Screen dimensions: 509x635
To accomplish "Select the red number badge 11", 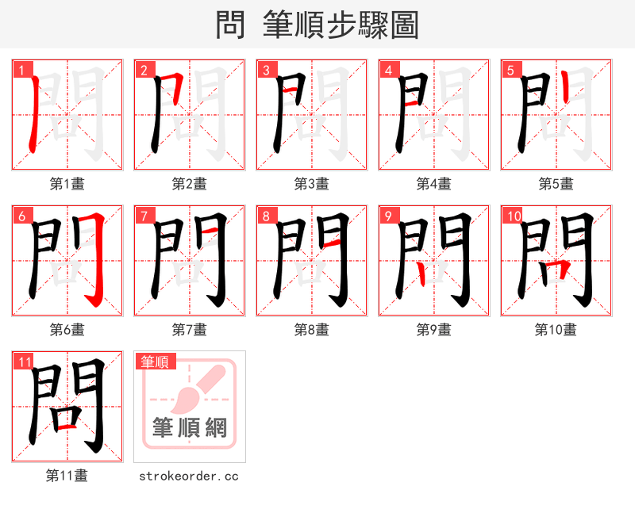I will point(24,362).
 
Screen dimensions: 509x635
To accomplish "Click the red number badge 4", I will point(388,70).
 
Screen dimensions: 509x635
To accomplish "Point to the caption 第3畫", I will point(311,184).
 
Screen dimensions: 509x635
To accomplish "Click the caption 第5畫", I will point(556,184).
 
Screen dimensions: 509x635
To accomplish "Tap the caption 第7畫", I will point(189,330).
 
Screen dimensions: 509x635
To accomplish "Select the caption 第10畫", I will point(556,330).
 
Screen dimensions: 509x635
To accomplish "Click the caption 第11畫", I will point(67,476).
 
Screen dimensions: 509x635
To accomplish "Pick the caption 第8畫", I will point(311,330).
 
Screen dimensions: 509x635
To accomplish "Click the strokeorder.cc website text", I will point(189,476).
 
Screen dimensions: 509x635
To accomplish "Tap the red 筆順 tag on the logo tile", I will point(154,362).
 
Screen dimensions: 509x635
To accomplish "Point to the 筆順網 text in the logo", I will point(189,428).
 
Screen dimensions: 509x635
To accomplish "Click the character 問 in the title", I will point(230,25).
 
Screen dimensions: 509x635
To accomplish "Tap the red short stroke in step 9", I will point(421,274).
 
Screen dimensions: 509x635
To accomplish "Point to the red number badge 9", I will point(388,216).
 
